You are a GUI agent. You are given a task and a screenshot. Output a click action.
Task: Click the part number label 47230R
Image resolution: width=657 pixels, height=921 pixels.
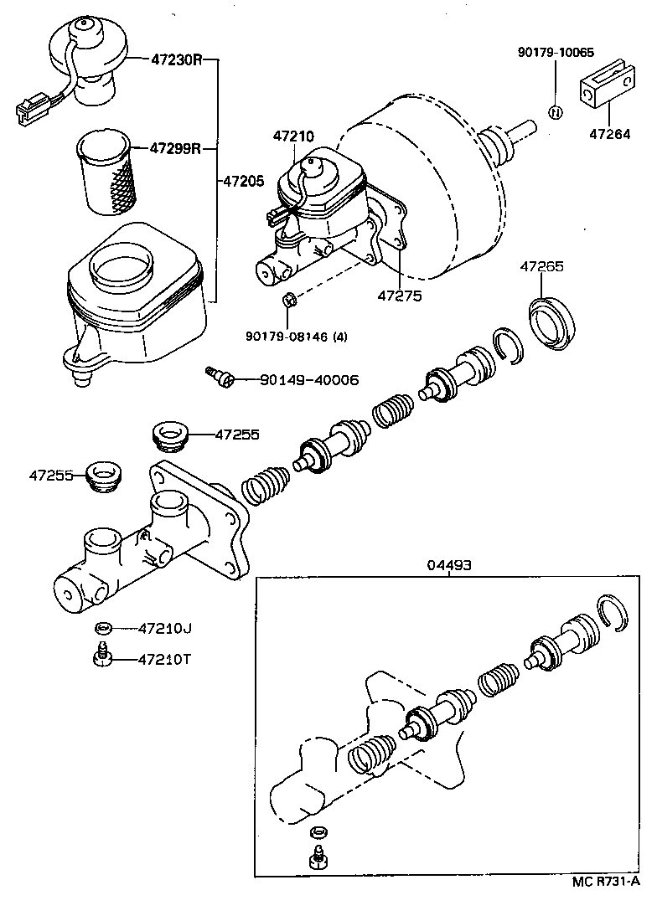pyautogui.click(x=177, y=60)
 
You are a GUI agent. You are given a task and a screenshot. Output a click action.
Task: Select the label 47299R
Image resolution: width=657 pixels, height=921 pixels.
pyautogui.click(x=177, y=149)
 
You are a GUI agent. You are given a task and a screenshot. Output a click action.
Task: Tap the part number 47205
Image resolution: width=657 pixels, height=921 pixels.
pyautogui.click(x=244, y=180)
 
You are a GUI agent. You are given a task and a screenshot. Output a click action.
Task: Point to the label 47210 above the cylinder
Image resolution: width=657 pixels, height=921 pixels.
pyautogui.click(x=292, y=136)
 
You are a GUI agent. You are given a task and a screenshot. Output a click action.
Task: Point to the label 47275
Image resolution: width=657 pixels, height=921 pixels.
pyautogui.click(x=400, y=296)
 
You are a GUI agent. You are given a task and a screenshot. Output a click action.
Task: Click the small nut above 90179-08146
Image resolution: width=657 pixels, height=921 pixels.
pyautogui.click(x=287, y=299)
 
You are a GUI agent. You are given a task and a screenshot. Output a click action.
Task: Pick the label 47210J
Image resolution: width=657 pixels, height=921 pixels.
pyautogui.click(x=166, y=627)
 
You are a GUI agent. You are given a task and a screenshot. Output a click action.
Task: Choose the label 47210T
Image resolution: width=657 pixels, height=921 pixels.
pyautogui.click(x=166, y=659)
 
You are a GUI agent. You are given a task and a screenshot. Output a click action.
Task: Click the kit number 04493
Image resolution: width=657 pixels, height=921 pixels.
pyautogui.click(x=449, y=565)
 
